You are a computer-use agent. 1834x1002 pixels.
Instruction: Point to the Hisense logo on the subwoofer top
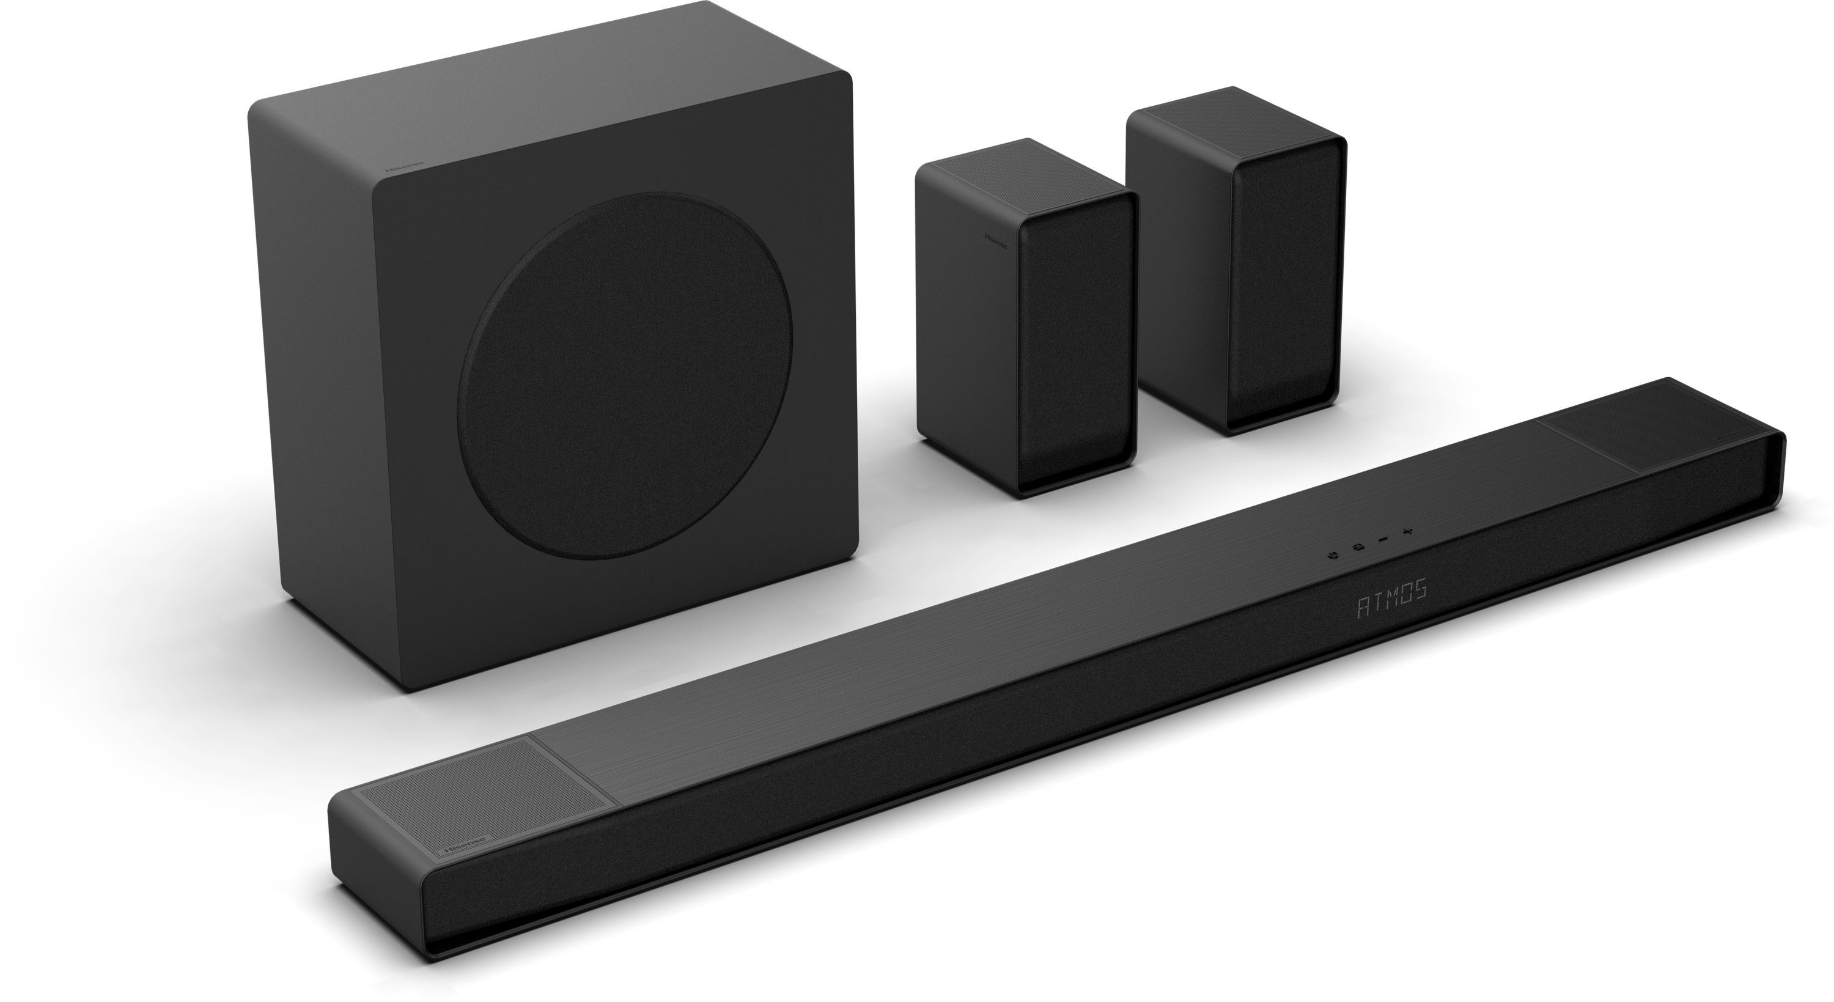(x=403, y=169)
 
